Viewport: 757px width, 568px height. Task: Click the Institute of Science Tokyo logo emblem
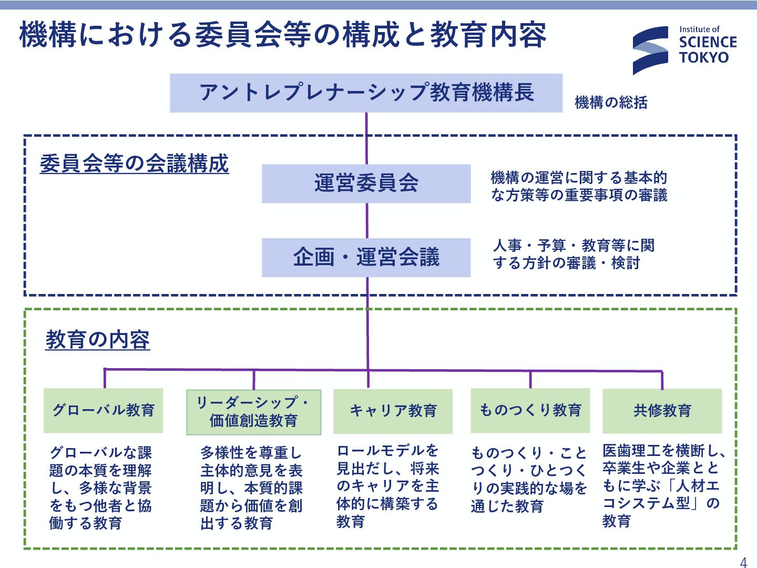click(x=650, y=50)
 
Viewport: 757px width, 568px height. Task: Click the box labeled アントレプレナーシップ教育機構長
click(x=366, y=93)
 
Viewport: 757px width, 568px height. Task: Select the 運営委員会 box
click(x=366, y=184)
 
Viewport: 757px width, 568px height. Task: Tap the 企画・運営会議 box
click(x=366, y=258)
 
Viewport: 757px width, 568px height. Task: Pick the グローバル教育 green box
click(x=103, y=410)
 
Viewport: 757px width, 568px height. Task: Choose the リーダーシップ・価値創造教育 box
click(x=253, y=412)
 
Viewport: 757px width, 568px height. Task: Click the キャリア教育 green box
click(x=393, y=411)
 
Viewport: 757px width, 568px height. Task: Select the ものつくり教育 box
click(x=530, y=410)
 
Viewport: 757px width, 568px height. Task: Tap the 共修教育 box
click(x=662, y=411)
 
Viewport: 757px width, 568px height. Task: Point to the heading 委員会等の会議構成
click(x=134, y=164)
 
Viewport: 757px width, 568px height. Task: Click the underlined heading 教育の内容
click(x=98, y=340)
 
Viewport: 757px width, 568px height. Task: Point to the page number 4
click(x=743, y=562)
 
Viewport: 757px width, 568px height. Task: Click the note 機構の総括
click(x=611, y=103)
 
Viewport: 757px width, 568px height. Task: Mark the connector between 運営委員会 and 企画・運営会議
click(x=367, y=221)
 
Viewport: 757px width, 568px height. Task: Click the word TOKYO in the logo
click(x=704, y=58)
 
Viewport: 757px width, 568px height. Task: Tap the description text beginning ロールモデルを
click(x=388, y=485)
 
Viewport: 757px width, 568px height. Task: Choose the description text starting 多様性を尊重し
click(x=251, y=488)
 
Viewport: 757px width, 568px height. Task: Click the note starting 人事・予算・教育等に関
click(x=574, y=254)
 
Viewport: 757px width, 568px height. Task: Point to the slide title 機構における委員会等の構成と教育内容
click(x=283, y=35)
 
